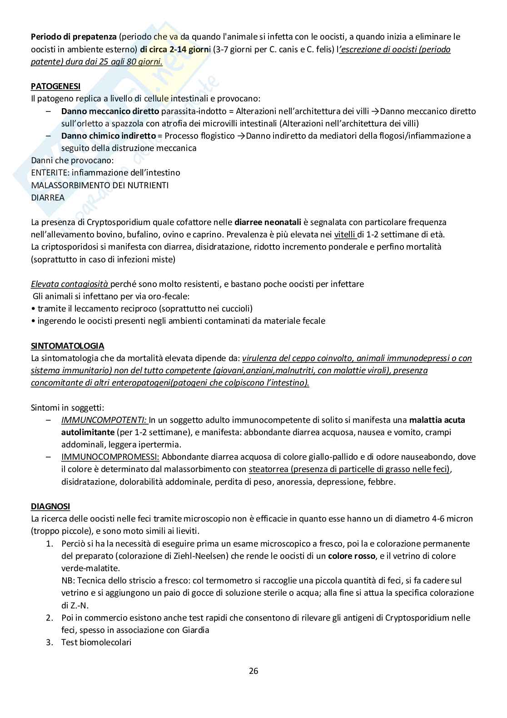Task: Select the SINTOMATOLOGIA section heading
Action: tap(67, 346)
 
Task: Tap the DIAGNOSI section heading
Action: tap(50, 506)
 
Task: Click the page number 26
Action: tap(253, 671)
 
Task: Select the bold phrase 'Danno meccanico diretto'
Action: tap(110, 111)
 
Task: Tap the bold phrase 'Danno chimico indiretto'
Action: tap(108, 136)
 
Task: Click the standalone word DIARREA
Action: tap(48, 197)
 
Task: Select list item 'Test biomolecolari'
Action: tap(96, 642)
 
